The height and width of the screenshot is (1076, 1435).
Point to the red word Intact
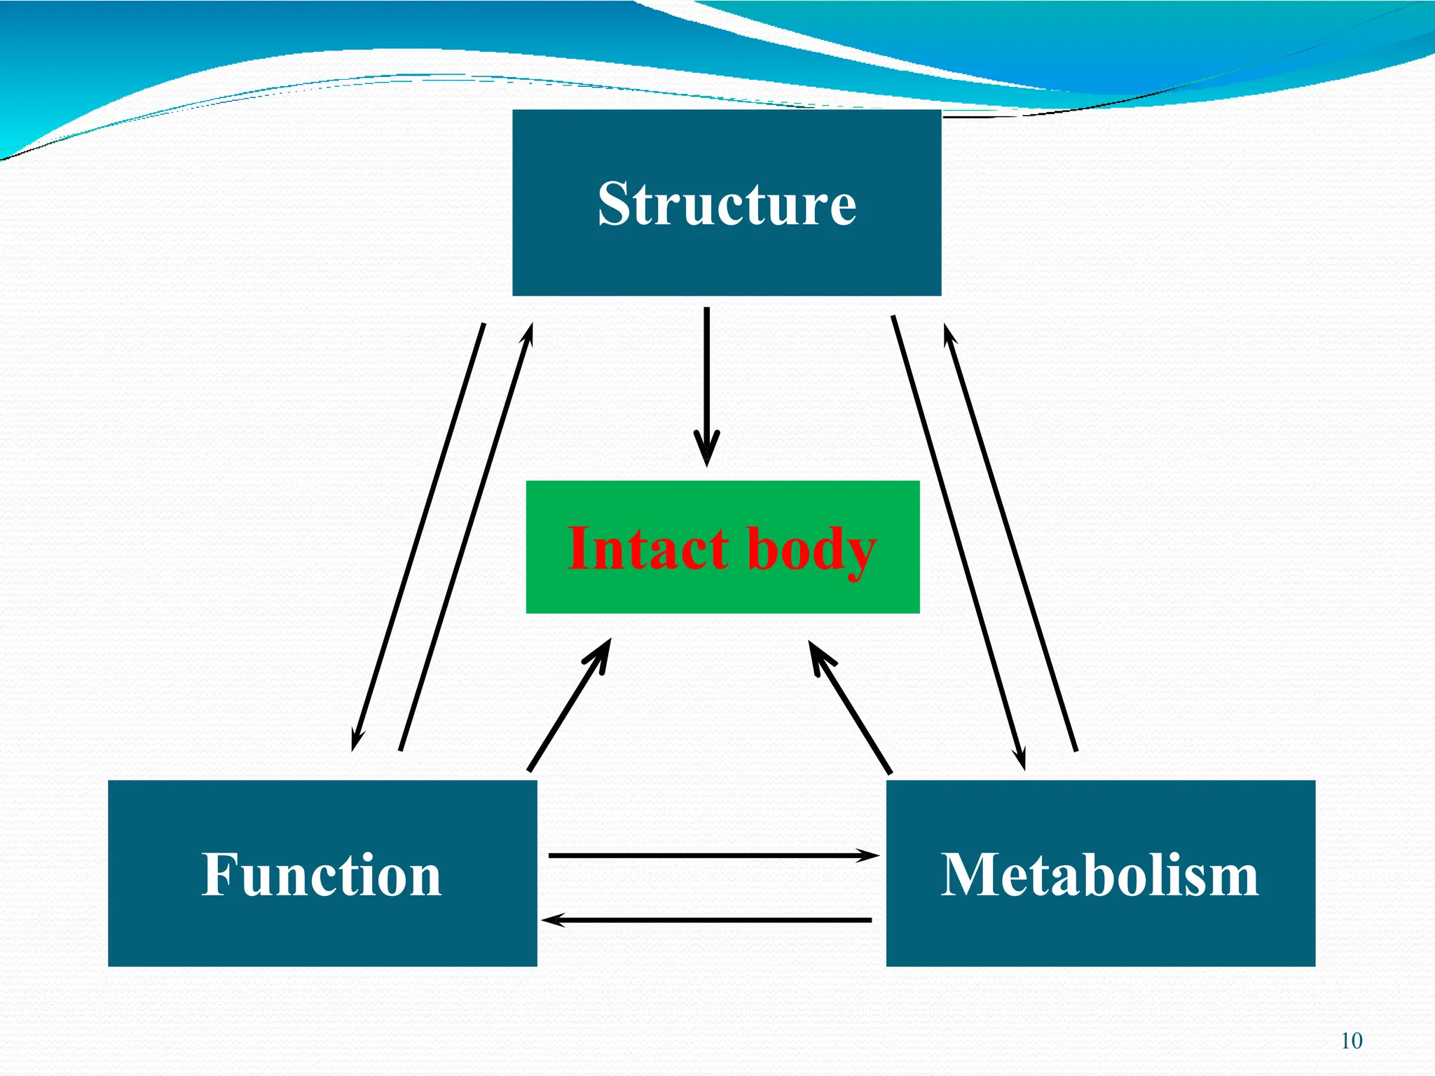pos(648,548)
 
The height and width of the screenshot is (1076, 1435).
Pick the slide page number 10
pos(1352,1041)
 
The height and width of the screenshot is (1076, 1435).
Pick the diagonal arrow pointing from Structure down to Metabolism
pos(959,543)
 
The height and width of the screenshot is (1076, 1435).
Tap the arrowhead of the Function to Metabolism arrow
pos(869,855)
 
